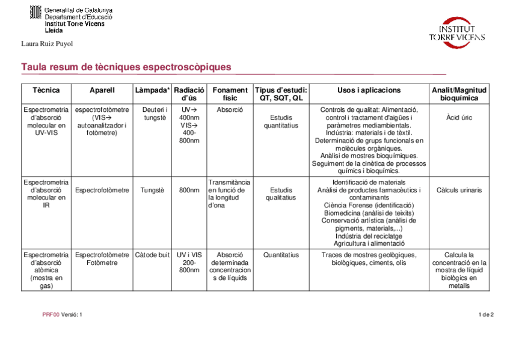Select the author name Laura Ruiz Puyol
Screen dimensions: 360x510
tap(47, 43)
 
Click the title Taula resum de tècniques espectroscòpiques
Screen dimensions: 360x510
tap(126, 67)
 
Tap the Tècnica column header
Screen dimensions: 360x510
tap(46, 90)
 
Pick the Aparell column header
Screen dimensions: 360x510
tap(102, 90)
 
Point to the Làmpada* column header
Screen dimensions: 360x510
tap(152, 90)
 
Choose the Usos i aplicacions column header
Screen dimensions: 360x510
tap(369, 90)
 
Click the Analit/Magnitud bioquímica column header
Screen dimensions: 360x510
tap(459, 94)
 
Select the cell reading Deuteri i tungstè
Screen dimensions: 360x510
tap(155, 114)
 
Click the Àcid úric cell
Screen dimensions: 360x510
tap(459, 118)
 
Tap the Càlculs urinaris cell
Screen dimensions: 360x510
tap(459, 190)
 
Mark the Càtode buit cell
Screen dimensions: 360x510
tap(152, 255)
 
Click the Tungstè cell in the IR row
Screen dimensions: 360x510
tap(152, 190)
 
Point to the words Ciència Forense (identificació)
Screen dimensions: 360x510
tap(369, 205)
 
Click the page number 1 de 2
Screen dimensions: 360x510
tap(486, 314)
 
